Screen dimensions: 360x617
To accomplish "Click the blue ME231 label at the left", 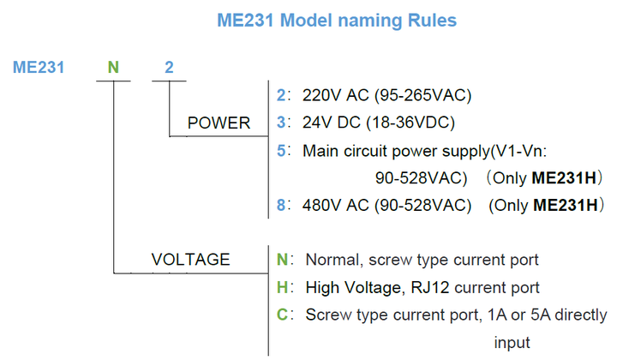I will pos(39,67).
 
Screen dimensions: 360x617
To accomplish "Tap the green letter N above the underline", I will pos(112,67).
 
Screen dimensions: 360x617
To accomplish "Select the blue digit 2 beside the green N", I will pos(169,67).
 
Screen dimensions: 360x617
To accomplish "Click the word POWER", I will pos(219,123).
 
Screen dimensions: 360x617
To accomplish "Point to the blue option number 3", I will pos(281,123).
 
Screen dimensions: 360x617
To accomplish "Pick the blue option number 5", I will pos(281,151).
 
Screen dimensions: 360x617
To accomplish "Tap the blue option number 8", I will pos(281,206).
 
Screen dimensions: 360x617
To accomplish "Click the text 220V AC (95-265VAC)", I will pos(386,95).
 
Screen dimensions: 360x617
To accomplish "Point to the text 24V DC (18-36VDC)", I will pos(377,123).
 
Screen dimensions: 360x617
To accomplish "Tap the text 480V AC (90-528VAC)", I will pos(387,206).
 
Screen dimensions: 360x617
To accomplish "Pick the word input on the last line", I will pos(512,342).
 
